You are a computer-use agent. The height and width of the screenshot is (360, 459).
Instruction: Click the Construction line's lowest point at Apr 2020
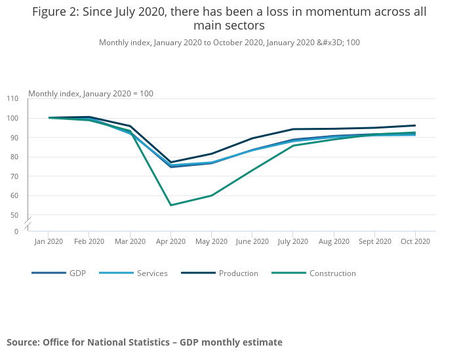tap(170, 205)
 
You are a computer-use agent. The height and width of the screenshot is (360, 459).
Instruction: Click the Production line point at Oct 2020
tap(415, 125)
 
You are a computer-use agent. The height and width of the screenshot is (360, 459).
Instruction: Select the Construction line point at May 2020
tap(211, 195)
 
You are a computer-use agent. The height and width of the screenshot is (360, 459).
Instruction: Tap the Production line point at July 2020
tap(292, 129)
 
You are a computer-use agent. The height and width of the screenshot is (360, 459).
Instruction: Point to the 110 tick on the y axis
tap(13, 98)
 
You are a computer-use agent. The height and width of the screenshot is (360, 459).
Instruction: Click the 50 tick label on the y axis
tap(14, 215)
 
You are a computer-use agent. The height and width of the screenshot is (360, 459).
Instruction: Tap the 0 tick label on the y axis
tap(16, 231)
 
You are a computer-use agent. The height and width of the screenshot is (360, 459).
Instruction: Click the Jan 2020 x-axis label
tap(49, 241)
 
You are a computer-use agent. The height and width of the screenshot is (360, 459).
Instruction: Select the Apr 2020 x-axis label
tap(170, 241)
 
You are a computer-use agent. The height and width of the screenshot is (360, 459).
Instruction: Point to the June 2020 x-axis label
tap(252, 241)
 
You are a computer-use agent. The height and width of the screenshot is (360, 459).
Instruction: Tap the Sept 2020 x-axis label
tap(374, 241)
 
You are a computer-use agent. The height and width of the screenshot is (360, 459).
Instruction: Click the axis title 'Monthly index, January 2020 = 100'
tap(90, 94)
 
